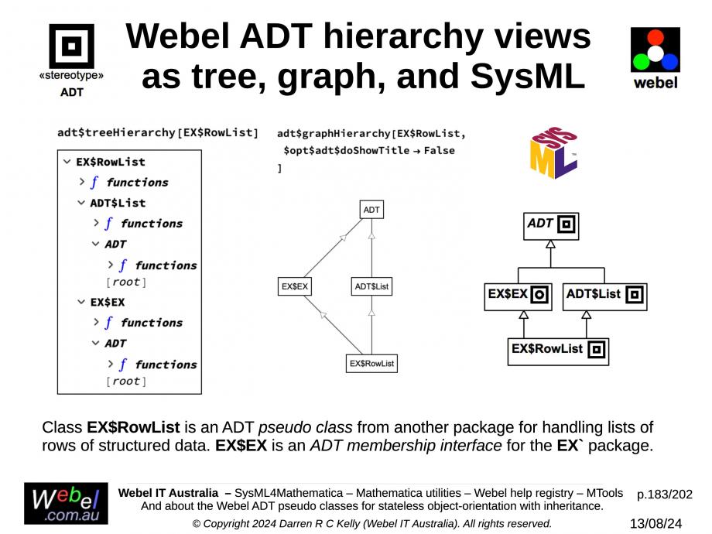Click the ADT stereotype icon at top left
tap(71, 46)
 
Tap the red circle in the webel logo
tap(655, 37)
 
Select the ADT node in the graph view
tap(372, 210)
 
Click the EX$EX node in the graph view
tap(295, 286)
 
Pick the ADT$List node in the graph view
tap(371, 286)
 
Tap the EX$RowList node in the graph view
tap(371, 363)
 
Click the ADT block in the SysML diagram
tap(550, 225)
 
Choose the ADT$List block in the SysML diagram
tap(604, 296)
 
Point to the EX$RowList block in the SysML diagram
tap(558, 350)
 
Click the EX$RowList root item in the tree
tap(111, 162)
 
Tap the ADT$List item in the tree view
tap(118, 203)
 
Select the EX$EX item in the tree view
tap(108, 302)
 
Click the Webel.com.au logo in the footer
tap(66, 504)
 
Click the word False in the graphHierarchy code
tap(438, 150)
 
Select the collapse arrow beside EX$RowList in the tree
tap(67, 162)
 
